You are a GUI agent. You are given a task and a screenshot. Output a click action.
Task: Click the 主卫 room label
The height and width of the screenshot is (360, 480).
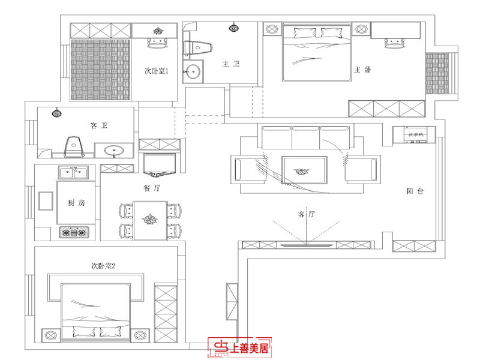pyautogui.click(x=231, y=64)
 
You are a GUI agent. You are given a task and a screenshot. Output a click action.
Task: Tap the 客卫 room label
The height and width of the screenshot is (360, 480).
pyautogui.click(x=99, y=125)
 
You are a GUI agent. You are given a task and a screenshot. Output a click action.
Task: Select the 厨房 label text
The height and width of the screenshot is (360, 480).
pyautogui.click(x=76, y=203)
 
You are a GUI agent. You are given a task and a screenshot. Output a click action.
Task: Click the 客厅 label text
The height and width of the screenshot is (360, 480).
pyautogui.click(x=306, y=214)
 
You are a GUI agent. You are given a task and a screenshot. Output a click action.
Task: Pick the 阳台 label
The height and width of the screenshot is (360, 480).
pyautogui.click(x=415, y=191)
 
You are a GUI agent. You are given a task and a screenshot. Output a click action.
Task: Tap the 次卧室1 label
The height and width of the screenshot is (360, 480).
pyautogui.click(x=158, y=71)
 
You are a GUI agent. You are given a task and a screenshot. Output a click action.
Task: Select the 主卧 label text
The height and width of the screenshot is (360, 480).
pyautogui.click(x=362, y=70)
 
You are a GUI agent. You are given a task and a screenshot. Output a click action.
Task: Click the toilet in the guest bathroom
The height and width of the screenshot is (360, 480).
pyautogui.click(x=73, y=146)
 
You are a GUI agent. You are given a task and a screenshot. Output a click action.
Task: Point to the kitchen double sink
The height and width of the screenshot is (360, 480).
pyautogui.click(x=74, y=173)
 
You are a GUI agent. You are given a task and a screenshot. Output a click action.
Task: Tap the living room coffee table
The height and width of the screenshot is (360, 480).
pyautogui.click(x=304, y=172)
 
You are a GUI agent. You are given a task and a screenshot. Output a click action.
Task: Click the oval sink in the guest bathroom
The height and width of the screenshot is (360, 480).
pyautogui.click(x=114, y=151)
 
